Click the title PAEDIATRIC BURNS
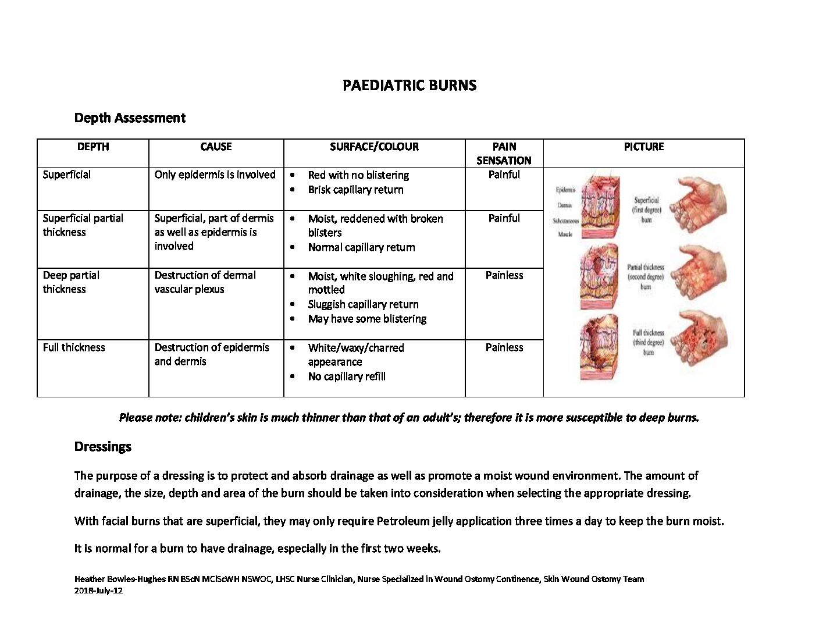coord(409,86)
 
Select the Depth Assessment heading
coord(130,118)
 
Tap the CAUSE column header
coord(216,147)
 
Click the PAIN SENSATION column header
coord(504,154)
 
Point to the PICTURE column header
coord(643,147)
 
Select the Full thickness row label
coord(74,347)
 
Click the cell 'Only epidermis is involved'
coord(215,175)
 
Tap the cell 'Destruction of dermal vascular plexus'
coord(205,282)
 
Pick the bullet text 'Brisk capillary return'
coord(355,190)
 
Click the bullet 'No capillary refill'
coord(347,376)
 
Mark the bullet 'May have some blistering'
coord(367,319)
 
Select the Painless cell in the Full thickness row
coord(504,347)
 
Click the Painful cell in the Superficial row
coord(504,175)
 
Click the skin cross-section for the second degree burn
coord(599,276)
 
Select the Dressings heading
coord(103,447)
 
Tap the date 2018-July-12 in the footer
coord(98,591)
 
